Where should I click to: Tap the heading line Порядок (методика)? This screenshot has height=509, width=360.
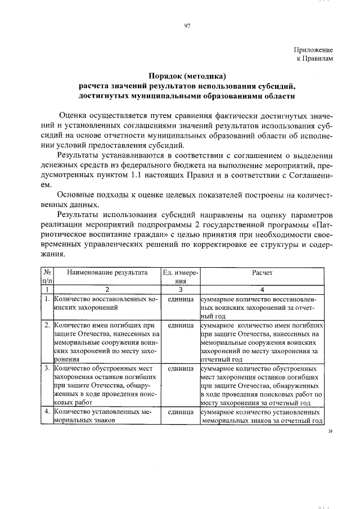(x=187, y=76)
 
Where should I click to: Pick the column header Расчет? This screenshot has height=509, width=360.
(x=262, y=272)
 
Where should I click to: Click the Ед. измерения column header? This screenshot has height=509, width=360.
(x=180, y=276)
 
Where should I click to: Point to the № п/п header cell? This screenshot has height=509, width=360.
(x=46, y=276)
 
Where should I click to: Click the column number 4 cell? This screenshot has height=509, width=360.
(x=262, y=289)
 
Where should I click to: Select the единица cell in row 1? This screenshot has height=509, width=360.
(x=180, y=300)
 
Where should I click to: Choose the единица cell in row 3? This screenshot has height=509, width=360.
(x=180, y=370)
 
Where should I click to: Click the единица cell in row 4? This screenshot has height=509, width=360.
(x=180, y=412)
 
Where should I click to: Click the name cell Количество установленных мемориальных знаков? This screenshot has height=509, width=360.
(x=106, y=416)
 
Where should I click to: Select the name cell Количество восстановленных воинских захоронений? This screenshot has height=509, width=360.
(x=106, y=304)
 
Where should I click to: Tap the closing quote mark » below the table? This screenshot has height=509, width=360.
(x=330, y=431)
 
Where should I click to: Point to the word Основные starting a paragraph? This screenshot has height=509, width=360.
(x=76, y=195)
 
